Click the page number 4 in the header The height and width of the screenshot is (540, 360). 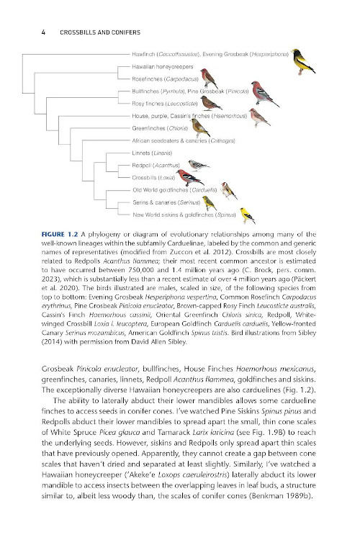(x=45, y=32)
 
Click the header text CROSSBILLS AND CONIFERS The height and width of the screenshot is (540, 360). (x=99, y=32)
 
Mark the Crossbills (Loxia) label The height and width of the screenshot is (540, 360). (x=153, y=177)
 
